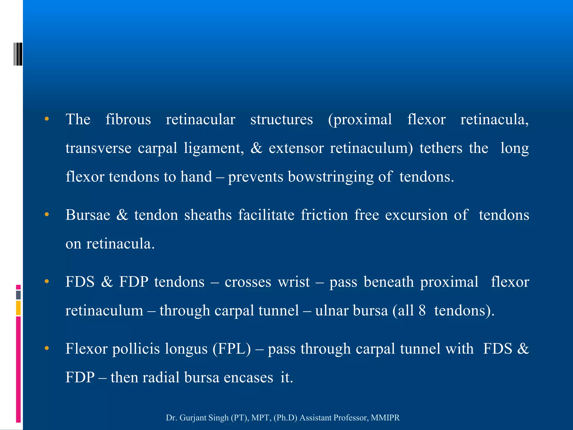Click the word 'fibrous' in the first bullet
point(128,120)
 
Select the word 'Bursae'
point(88,215)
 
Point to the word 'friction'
point(324,215)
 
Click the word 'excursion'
point(416,215)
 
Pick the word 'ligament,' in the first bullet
point(214,148)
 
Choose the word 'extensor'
point(296,148)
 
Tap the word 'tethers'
point(441,148)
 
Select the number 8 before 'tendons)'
point(422,311)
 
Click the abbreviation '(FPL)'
point(232,349)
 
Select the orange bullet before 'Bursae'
point(47,215)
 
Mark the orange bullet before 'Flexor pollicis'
point(47,349)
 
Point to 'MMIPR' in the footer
point(385,418)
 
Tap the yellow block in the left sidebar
point(18,308)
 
